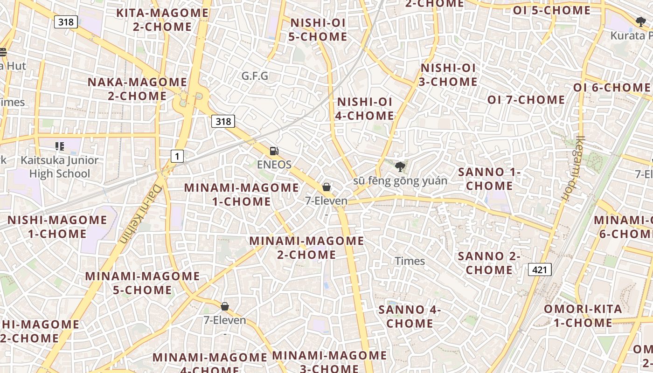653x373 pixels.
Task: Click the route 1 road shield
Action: click(x=177, y=156)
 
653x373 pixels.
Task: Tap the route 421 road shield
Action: click(x=540, y=269)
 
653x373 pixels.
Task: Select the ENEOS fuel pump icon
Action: click(x=274, y=151)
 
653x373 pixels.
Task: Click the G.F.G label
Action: click(x=255, y=76)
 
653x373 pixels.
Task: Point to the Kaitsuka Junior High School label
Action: click(x=60, y=167)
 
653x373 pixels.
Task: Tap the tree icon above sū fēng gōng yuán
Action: click(x=400, y=166)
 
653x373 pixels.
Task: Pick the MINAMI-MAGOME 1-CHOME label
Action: click(x=241, y=194)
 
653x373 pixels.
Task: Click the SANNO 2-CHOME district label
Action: click(x=489, y=262)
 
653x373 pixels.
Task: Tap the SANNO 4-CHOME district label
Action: click(x=410, y=316)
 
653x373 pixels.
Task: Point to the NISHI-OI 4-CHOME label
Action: click(x=365, y=109)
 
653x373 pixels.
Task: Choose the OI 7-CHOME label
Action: click(x=526, y=100)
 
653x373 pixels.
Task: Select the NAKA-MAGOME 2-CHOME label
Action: click(x=137, y=89)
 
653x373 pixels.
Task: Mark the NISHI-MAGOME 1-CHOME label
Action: click(x=57, y=227)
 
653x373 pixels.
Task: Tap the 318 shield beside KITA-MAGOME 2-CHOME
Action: click(x=66, y=21)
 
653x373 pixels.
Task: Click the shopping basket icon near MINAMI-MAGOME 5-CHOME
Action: click(x=225, y=306)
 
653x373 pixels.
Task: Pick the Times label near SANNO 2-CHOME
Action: click(x=410, y=261)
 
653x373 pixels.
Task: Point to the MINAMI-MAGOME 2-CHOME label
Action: click(x=306, y=248)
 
